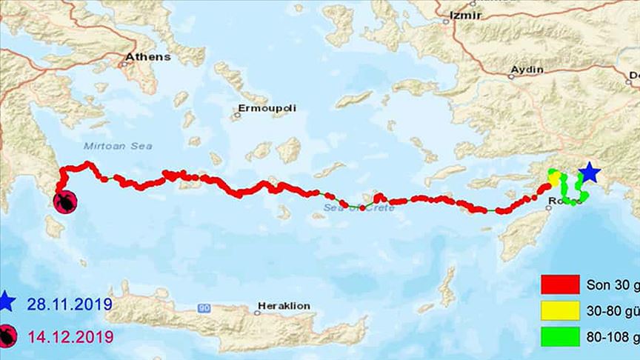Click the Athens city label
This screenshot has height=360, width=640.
pyautogui.click(x=148, y=56)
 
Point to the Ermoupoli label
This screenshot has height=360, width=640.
pyautogui.click(x=267, y=109)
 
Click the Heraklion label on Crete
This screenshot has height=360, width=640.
pyautogui.click(x=284, y=305)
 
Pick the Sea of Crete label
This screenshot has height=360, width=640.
pyautogui.click(x=360, y=208)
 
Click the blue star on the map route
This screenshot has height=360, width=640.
pyautogui.click(x=589, y=173)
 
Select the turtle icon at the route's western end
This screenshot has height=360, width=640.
pyautogui.click(x=65, y=201)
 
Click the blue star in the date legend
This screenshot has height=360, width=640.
pyautogui.click(x=7, y=303)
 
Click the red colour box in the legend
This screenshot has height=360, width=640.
pyautogui.click(x=560, y=285)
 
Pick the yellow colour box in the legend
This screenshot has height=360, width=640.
pyautogui.click(x=560, y=311)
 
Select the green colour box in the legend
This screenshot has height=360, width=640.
pyautogui.click(x=560, y=336)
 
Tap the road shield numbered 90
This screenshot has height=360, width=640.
pyautogui.click(x=205, y=307)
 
